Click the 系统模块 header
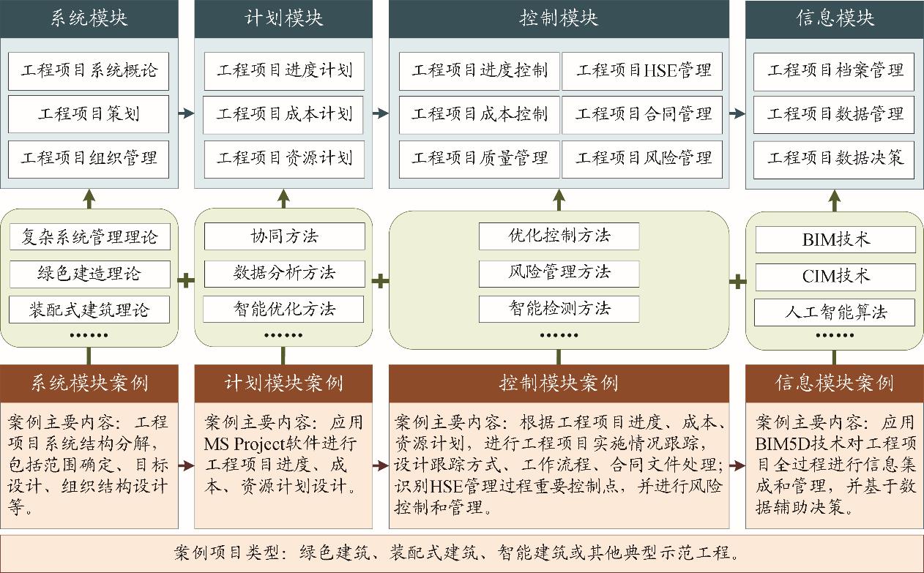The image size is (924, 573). (x=89, y=18)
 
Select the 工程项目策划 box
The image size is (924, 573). (x=89, y=114)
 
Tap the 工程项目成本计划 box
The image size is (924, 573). (x=284, y=114)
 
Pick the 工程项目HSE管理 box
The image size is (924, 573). (x=643, y=71)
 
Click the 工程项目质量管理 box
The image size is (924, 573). (x=480, y=157)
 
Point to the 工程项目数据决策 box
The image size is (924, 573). (x=835, y=157)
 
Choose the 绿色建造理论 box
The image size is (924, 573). (x=89, y=274)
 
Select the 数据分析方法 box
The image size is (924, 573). (x=284, y=273)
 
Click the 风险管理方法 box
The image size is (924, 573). (x=559, y=272)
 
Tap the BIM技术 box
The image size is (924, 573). (x=835, y=239)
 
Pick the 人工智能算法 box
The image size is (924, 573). (x=835, y=312)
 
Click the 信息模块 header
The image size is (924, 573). (x=835, y=18)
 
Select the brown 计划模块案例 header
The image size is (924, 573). (x=283, y=383)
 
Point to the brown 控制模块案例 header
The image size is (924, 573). (x=559, y=383)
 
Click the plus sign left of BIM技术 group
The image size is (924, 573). (x=737, y=280)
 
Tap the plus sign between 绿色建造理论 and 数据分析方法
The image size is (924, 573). (x=186, y=280)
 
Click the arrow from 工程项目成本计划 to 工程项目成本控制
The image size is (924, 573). (x=380, y=113)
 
